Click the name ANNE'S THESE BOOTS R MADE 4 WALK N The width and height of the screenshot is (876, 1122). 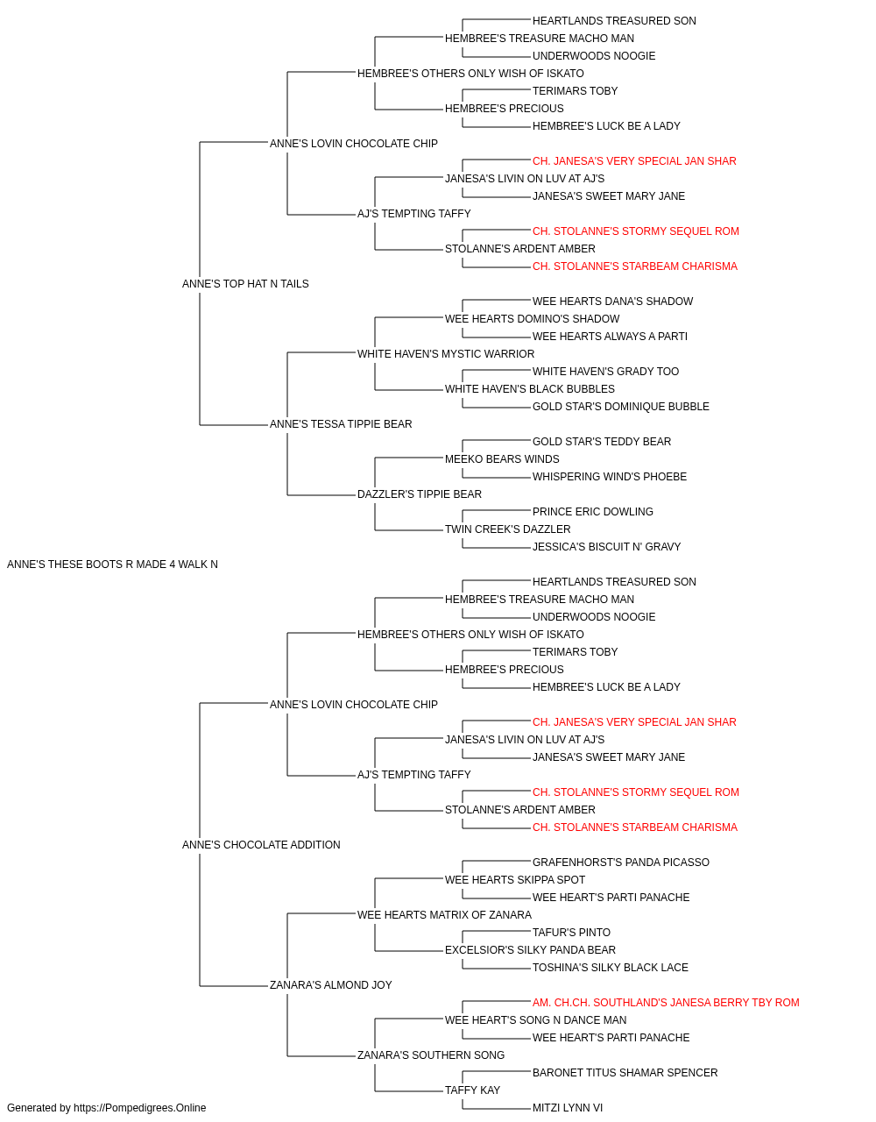coord(112,565)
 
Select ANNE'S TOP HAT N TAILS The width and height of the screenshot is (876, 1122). coord(245,284)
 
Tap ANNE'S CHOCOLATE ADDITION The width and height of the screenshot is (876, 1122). coord(261,845)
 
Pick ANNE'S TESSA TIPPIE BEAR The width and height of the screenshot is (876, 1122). coord(341,424)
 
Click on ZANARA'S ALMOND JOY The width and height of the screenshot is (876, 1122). coord(331,985)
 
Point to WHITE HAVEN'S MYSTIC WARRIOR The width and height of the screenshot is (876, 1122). coord(446,354)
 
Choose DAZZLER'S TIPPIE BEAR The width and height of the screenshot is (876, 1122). coord(420,494)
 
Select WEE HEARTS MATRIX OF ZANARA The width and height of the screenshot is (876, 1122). coord(444,915)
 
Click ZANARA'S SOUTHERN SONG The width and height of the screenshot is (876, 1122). coord(431,1055)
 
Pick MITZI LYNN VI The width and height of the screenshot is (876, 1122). coord(568,1108)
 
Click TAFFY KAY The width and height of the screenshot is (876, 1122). coord(472,1090)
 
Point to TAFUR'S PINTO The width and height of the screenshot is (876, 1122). coord(571,933)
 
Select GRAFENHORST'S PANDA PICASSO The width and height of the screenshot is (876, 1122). coord(620,863)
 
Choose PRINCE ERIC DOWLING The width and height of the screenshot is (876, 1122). coord(593,512)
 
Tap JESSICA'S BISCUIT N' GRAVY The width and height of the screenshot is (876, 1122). coord(607,547)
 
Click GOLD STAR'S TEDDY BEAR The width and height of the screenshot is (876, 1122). coord(602,442)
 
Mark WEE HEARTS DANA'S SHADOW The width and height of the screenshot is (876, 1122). coord(613,302)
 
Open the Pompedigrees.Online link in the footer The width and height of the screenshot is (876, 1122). coord(140,1108)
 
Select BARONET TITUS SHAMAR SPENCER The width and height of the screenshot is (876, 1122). coord(625,1073)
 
